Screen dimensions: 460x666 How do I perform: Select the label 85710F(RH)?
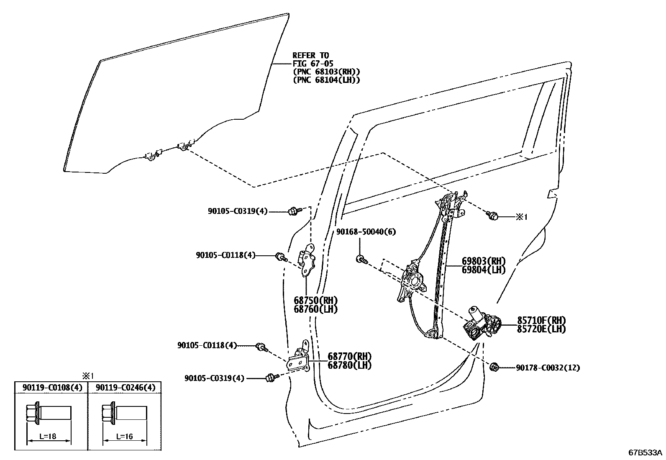(541, 321)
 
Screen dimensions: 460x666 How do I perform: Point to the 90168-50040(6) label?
(366, 231)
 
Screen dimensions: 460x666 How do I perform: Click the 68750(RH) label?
(315, 301)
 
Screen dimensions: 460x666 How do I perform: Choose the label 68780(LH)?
(349, 365)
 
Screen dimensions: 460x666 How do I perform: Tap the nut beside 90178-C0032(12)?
(494, 367)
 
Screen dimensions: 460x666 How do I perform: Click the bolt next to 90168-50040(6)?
(361, 260)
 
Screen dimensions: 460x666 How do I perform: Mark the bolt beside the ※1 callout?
(492, 216)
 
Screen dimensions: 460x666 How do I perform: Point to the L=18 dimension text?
(47, 436)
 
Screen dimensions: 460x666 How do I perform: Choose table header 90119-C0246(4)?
(126, 388)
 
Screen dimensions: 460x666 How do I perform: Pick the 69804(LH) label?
(484, 270)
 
